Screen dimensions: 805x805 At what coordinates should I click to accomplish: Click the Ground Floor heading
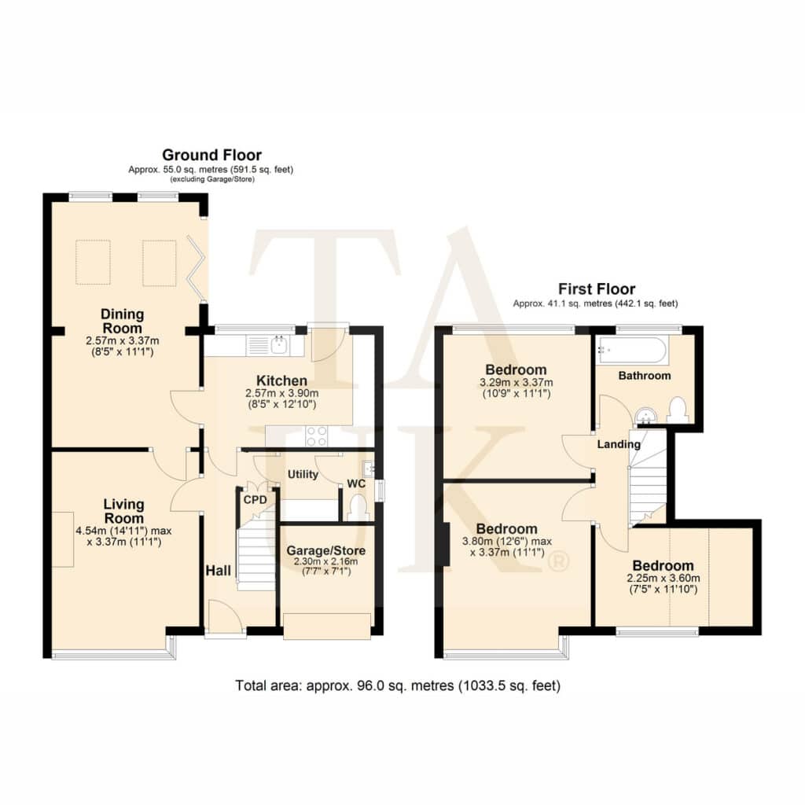pyautogui.click(x=211, y=155)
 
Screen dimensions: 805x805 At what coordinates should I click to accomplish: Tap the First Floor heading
pyautogui.click(x=597, y=289)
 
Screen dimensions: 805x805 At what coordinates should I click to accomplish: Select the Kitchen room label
pyautogui.click(x=282, y=380)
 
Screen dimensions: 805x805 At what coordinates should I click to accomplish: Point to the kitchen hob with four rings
pyautogui.click(x=316, y=436)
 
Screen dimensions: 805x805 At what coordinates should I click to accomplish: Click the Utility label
pyautogui.click(x=303, y=474)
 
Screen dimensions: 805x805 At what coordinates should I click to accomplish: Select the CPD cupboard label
pyautogui.click(x=255, y=499)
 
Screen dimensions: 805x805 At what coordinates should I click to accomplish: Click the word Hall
pyautogui.click(x=219, y=571)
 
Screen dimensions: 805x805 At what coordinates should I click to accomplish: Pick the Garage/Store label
pyautogui.click(x=326, y=550)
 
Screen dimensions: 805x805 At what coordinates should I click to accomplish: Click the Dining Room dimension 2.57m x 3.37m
pyautogui.click(x=122, y=340)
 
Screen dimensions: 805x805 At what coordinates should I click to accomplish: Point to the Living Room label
pyautogui.click(x=123, y=511)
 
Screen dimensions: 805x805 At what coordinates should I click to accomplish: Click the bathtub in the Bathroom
pyautogui.click(x=632, y=351)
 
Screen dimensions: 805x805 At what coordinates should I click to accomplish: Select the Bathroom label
pyautogui.click(x=645, y=375)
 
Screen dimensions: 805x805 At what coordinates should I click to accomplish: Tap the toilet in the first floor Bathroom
pyautogui.click(x=677, y=410)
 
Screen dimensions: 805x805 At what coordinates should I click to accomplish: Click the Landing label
pyautogui.click(x=619, y=444)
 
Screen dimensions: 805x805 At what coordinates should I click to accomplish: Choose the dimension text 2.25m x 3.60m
pyautogui.click(x=663, y=578)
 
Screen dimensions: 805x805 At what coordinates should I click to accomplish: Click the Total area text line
pyautogui.click(x=398, y=686)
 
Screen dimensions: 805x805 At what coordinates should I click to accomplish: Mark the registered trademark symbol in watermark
pyautogui.click(x=558, y=562)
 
